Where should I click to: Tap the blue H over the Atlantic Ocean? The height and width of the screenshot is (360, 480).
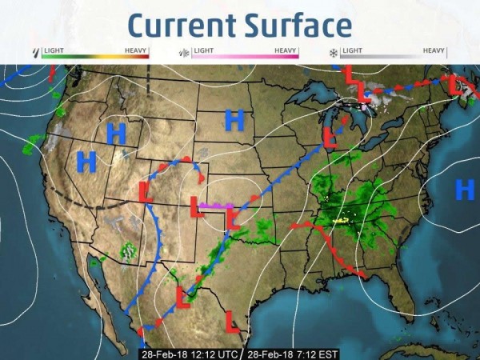[465, 190]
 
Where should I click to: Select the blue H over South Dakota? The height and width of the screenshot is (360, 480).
[234, 121]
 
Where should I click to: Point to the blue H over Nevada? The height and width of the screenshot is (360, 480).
[86, 162]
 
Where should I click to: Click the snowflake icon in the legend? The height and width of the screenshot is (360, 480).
[334, 53]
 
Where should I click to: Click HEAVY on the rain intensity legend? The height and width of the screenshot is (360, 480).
[136, 50]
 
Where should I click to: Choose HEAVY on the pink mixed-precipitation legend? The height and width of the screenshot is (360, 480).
[286, 50]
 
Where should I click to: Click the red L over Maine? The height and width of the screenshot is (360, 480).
[458, 84]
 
